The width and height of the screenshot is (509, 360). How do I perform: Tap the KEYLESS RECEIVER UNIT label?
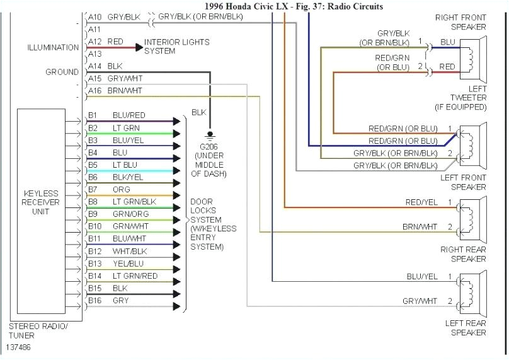pos(41,202)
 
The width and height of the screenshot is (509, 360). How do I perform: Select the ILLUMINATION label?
pos(53,47)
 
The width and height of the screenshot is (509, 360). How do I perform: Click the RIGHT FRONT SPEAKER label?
pos(460,22)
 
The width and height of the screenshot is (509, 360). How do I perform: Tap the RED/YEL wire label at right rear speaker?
pos(421,202)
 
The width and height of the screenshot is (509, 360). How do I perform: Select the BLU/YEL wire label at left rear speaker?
pos(421,276)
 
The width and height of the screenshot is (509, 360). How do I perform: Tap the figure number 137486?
pos(19,347)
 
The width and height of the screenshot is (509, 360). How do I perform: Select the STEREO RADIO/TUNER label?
pos(38,331)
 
